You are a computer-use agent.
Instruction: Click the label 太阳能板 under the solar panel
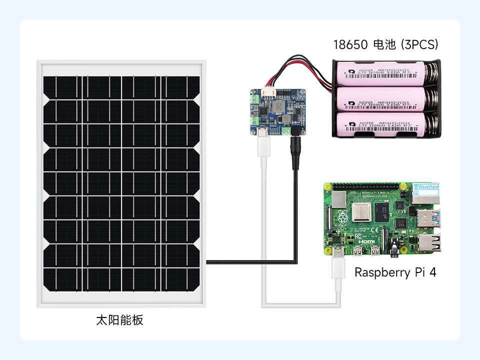119,320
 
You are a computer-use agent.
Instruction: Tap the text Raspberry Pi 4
395,272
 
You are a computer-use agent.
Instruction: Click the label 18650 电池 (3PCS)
385,44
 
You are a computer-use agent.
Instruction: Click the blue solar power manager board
277,111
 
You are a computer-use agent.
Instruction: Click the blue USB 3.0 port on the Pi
429,218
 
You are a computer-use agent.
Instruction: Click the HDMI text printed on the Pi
367,241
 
